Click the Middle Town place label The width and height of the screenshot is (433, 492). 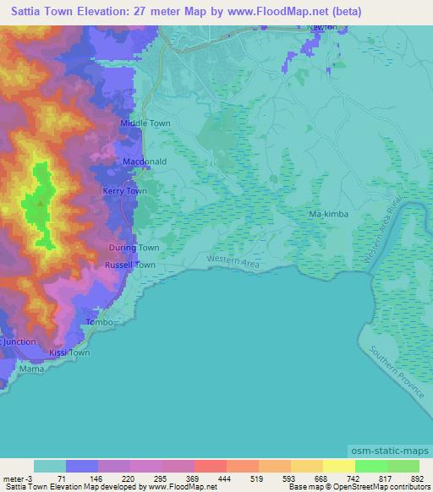[145, 123]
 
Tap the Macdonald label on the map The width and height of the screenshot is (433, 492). [144, 161]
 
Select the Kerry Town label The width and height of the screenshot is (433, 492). [125, 192]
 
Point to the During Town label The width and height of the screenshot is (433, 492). [134, 248]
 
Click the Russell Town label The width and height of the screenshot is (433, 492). [129, 265]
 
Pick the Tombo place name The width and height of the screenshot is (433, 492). [100, 323]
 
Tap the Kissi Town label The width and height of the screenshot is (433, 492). [69, 353]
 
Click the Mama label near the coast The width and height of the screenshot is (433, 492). [31, 369]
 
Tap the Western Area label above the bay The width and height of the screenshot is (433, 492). [230, 259]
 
